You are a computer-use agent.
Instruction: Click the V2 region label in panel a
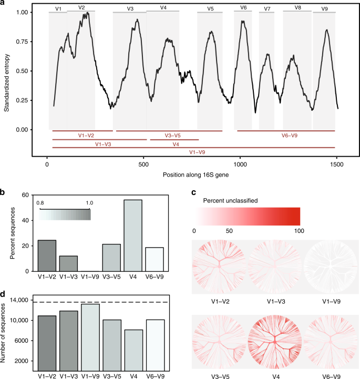point(81,7)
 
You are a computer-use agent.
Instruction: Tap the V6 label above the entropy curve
point(243,7)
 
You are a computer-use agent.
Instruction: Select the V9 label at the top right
point(324,9)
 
